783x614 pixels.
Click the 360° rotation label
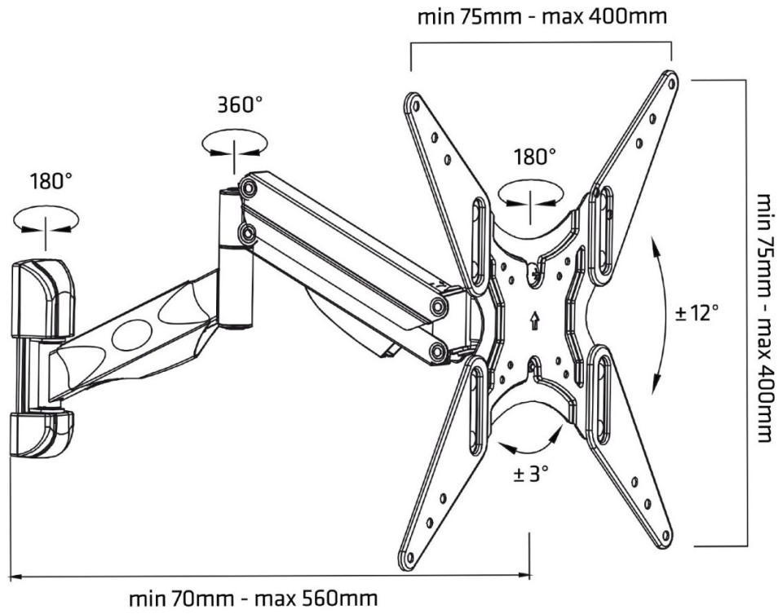coord(240,105)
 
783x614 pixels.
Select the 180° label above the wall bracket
coord(51,181)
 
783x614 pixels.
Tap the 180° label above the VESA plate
coord(535,157)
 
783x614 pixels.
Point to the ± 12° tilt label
coord(697,313)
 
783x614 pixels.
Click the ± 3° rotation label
coord(531,473)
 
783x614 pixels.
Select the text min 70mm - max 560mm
coord(253,598)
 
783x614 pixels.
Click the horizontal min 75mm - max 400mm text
coord(542,16)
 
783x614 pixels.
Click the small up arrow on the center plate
coord(535,320)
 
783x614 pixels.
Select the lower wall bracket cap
coord(41,432)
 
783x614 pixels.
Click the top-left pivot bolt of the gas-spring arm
coord(247,188)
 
